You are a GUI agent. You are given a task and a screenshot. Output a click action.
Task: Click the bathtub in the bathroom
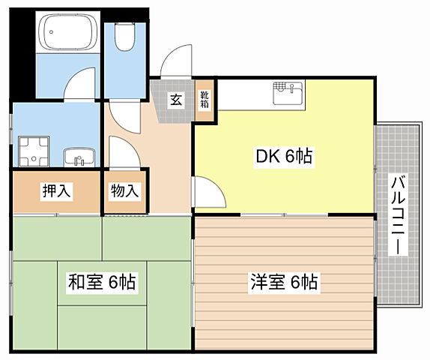click(x=69, y=33)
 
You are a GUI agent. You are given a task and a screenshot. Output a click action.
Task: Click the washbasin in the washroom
click(x=78, y=157)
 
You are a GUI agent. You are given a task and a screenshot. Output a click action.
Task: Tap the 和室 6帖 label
click(x=102, y=283)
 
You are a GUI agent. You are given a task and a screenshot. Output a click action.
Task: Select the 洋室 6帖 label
click(x=284, y=283)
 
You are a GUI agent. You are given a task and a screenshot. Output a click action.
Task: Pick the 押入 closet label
click(x=55, y=191)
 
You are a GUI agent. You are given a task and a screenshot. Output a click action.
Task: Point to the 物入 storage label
click(x=124, y=191)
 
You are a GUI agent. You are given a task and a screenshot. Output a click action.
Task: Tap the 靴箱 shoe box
click(x=204, y=100)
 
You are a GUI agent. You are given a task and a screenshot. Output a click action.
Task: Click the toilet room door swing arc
click(x=121, y=112)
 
